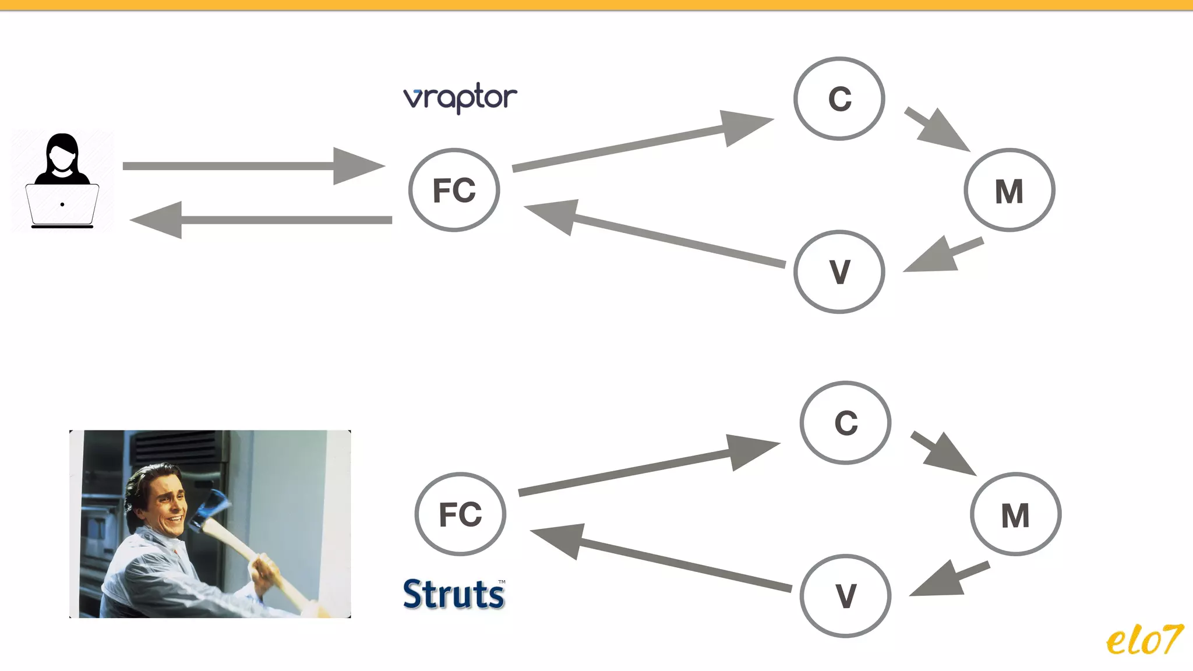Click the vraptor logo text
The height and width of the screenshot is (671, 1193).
tap(460, 97)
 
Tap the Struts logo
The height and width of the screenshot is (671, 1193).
tap(454, 594)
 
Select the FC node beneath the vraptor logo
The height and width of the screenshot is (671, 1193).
tap(454, 190)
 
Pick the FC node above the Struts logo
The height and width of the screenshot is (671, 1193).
tap(460, 514)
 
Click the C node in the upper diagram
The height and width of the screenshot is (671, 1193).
tap(839, 98)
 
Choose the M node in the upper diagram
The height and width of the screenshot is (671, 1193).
tap(1009, 190)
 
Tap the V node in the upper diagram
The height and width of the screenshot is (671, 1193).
tap(839, 271)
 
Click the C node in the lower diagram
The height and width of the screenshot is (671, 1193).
tap(845, 422)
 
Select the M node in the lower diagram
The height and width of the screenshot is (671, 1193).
tap(1015, 514)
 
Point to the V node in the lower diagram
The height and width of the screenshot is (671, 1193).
tap(845, 596)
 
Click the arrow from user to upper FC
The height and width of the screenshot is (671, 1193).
tap(250, 166)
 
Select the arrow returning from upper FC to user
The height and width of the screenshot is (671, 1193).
tap(262, 220)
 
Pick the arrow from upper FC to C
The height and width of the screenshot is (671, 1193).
tap(641, 143)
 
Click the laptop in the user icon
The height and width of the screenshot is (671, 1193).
tap(62, 204)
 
